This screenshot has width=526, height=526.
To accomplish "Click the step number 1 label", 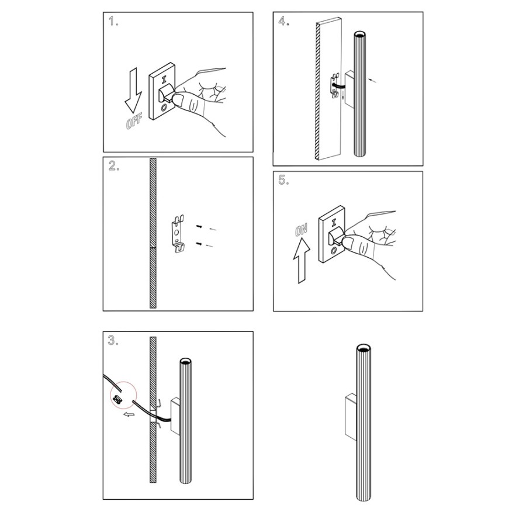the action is (113, 22).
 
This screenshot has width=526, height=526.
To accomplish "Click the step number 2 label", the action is (114, 166).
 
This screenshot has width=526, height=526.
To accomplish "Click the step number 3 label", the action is (113, 340).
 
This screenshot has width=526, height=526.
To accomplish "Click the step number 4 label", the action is (283, 21).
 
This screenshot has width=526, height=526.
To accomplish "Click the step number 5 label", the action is (283, 180).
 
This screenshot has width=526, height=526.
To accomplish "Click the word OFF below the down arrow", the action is (133, 121).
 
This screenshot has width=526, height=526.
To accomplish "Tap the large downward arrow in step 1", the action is (133, 90).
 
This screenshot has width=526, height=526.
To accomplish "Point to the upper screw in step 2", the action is (199, 227).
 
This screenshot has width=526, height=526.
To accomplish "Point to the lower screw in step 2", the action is (199, 244).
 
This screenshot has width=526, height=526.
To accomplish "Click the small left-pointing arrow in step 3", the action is (129, 414).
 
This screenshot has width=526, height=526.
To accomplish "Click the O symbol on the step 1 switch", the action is (164, 108).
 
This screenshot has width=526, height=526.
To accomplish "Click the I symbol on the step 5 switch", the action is (334, 222).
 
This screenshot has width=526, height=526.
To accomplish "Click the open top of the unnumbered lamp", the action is (364, 347).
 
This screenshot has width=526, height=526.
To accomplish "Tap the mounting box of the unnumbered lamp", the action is (351, 416).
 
